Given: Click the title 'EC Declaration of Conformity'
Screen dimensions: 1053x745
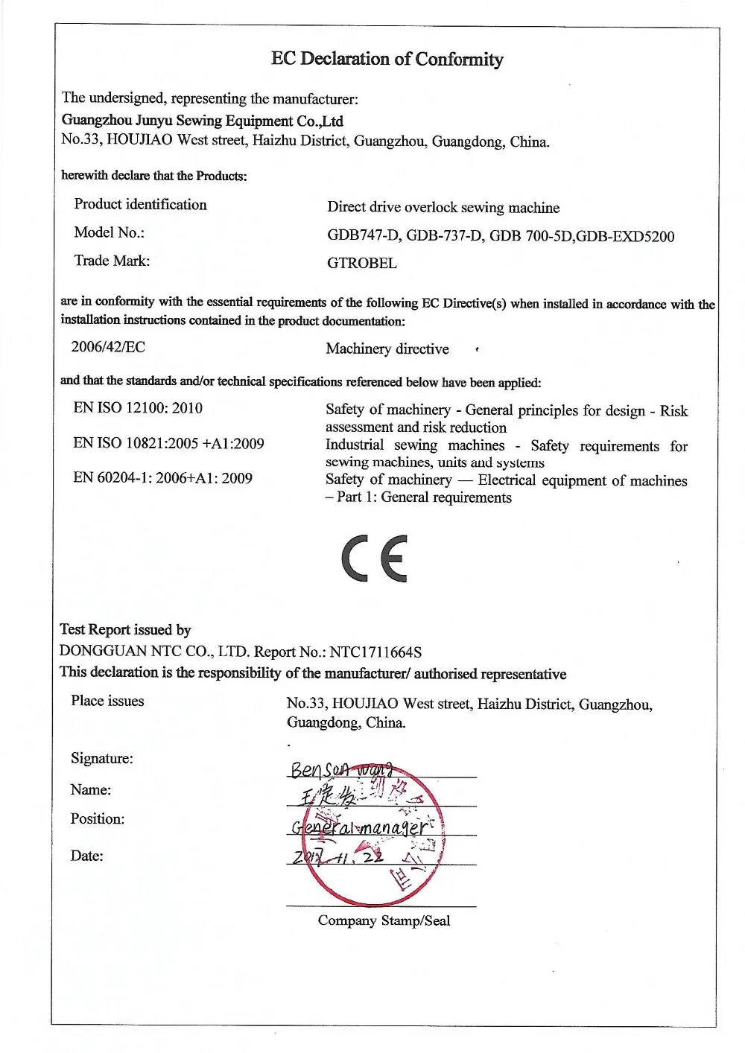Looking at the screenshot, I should pyautogui.click(x=387, y=59).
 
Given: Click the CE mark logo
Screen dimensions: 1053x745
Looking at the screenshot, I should pyautogui.click(x=375, y=558).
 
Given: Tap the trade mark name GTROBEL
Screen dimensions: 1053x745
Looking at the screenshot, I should pyautogui.click(x=361, y=263).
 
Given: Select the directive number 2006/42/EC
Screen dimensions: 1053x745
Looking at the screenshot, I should pyautogui.click(x=108, y=347).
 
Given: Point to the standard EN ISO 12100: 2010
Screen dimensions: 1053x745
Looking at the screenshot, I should pyautogui.click(x=138, y=408).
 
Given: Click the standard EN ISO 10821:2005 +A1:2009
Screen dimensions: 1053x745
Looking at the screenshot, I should pyautogui.click(x=168, y=444).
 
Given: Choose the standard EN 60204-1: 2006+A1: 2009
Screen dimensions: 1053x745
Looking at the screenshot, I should pyautogui.click(x=162, y=478).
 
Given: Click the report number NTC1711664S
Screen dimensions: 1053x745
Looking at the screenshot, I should pyautogui.click(x=375, y=652).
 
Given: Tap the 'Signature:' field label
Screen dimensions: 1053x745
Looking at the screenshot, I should pyautogui.click(x=102, y=759).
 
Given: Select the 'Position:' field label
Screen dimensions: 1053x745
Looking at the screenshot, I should pyautogui.click(x=98, y=819).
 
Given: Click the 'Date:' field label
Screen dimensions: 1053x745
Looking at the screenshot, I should pyautogui.click(x=87, y=856).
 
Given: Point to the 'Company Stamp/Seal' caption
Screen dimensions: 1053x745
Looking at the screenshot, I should pyautogui.click(x=384, y=921).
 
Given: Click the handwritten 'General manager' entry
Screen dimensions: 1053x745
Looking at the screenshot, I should pyautogui.click(x=361, y=827).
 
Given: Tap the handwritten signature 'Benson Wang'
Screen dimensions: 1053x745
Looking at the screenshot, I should pyautogui.click(x=343, y=769).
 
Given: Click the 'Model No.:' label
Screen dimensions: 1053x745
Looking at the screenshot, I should pyautogui.click(x=110, y=232).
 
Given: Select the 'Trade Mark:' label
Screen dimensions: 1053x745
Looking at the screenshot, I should pyautogui.click(x=112, y=261).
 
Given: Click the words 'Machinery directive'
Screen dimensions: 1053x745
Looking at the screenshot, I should pyautogui.click(x=387, y=349).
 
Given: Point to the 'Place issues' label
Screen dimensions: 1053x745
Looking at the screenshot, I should pyautogui.click(x=107, y=701).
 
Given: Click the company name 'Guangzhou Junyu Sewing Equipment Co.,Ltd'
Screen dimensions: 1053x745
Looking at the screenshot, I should pyautogui.click(x=202, y=121).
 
